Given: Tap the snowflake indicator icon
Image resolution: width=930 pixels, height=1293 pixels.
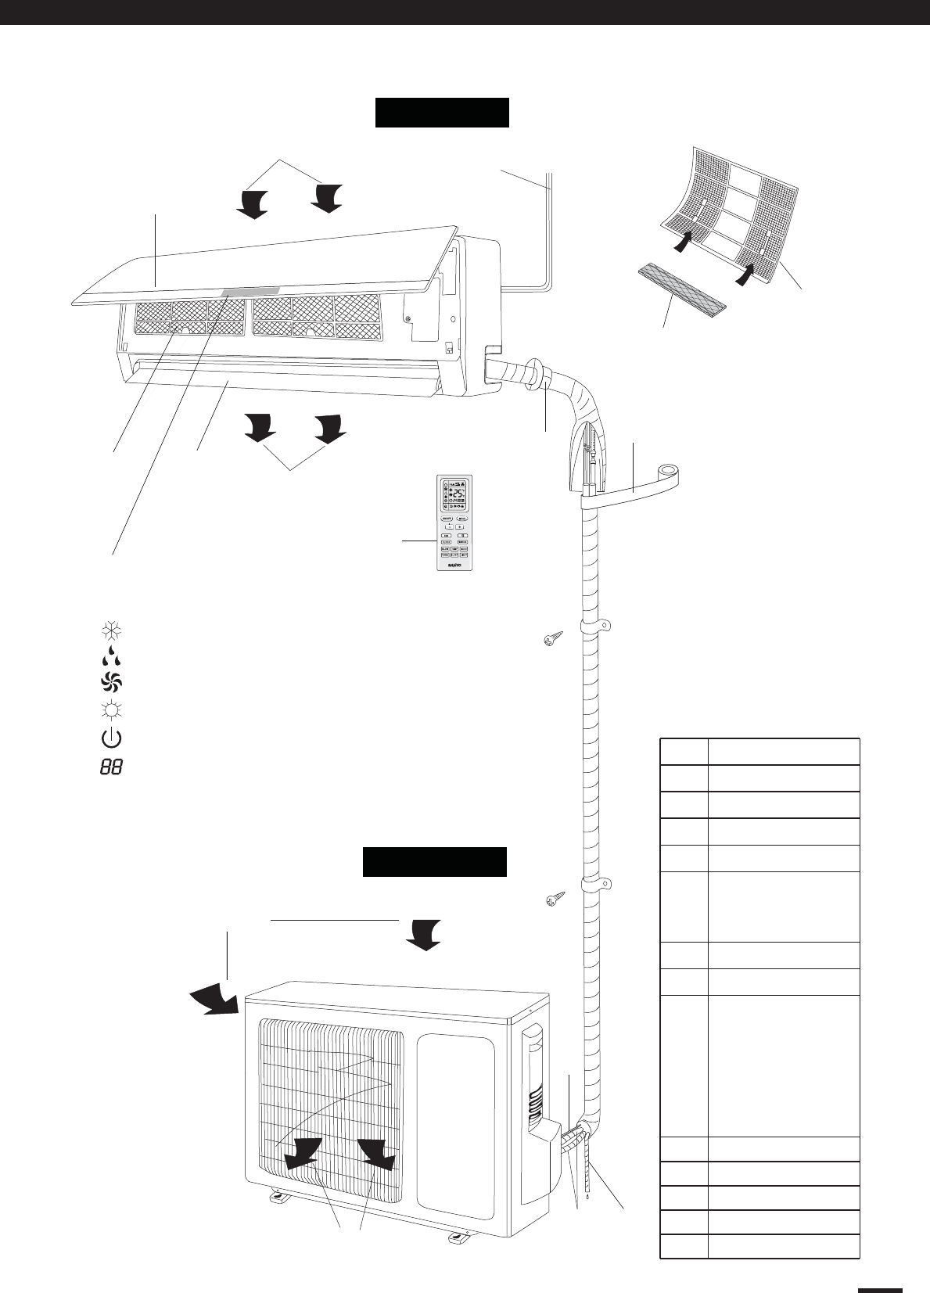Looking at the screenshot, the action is click(x=111, y=630).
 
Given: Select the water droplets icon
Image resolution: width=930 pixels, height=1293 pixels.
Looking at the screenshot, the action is click(x=111, y=655).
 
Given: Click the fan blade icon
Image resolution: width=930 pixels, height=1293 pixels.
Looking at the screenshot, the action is click(x=111, y=682).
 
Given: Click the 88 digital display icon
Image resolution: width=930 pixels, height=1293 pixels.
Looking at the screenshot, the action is click(x=111, y=767).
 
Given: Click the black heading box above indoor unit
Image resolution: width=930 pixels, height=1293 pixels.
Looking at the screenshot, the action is click(x=442, y=112).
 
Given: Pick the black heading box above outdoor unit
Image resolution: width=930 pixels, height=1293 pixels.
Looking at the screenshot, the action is click(x=435, y=861).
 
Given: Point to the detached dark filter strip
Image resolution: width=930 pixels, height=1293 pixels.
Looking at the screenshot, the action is click(x=680, y=286).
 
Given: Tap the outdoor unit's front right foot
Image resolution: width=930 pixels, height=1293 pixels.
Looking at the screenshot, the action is click(x=456, y=1237).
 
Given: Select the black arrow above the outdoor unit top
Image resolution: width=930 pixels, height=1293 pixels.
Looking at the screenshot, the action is click(x=424, y=933).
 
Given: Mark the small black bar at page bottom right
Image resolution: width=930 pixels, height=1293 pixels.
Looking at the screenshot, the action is click(x=880, y=1268).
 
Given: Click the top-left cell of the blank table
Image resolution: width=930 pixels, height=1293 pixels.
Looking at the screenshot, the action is click(x=684, y=751).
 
